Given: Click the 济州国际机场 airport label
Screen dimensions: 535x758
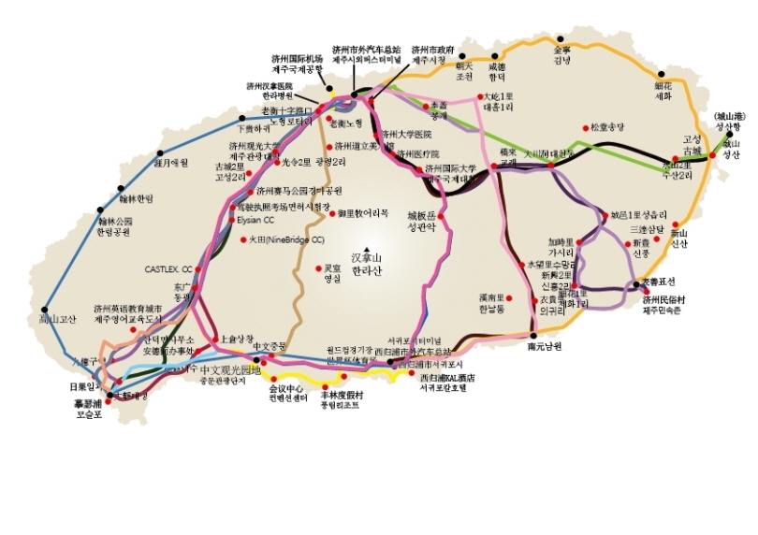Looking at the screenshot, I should (x=297, y=57).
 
